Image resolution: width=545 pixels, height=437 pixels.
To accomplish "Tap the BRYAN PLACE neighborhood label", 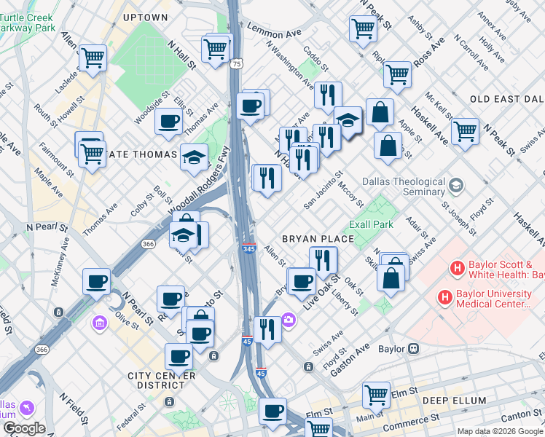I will point(318,239).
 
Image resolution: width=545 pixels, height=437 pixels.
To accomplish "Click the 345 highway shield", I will point(249,249).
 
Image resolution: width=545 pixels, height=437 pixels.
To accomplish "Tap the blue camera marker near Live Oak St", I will point(289,320).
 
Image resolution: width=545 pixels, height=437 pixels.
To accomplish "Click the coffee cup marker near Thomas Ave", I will point(168,121).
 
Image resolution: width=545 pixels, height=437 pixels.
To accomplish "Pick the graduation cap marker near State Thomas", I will point(194,157).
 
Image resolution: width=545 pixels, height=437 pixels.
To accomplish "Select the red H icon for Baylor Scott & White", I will point(458,269).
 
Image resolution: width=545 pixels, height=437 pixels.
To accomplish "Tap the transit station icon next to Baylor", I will point(414,349).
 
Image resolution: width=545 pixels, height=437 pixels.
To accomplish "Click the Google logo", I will point(24,428).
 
